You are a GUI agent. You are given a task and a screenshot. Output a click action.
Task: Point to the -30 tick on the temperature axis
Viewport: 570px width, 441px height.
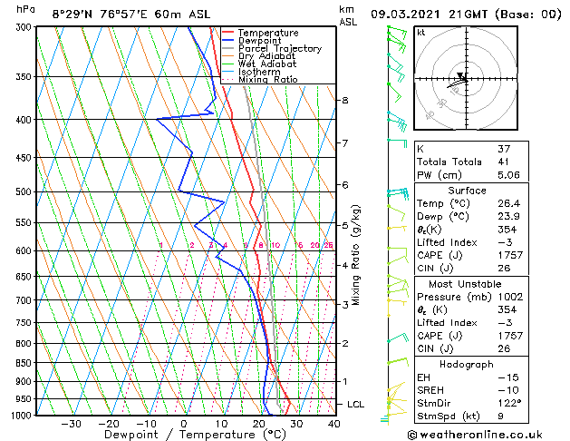tap(71, 423)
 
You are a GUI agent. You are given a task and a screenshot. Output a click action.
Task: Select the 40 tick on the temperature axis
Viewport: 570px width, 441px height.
tap(333, 423)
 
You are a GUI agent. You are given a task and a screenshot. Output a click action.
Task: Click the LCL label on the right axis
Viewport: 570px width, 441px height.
tap(357, 404)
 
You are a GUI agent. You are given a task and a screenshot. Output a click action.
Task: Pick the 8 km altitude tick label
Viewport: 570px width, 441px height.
tap(344, 100)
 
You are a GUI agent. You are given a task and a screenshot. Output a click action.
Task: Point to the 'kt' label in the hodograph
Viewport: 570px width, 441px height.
tap(420, 32)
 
